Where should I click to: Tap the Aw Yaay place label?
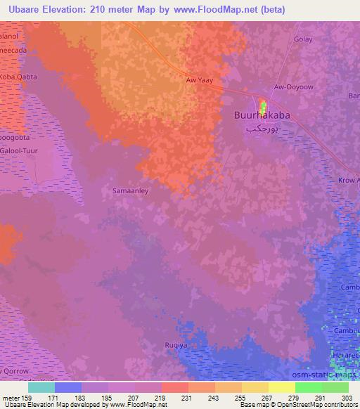pos(198,80)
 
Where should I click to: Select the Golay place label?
pos(303,40)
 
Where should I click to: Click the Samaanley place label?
pos(129,190)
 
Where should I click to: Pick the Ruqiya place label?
pos(170,346)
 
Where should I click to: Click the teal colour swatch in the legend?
pos(41,387)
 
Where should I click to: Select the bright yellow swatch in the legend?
pos(281,387)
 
